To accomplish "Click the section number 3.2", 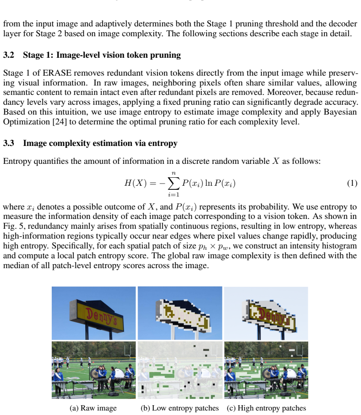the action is point(8,55).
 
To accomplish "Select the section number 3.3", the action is point(8,143).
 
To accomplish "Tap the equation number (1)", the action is point(352,183).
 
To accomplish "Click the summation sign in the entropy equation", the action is point(173,184).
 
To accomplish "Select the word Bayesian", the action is point(340,112).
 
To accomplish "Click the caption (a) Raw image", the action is point(93,408).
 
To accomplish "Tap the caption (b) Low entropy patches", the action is point(180,408).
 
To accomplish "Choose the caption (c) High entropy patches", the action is point(266,408).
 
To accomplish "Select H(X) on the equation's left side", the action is point(135,183).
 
